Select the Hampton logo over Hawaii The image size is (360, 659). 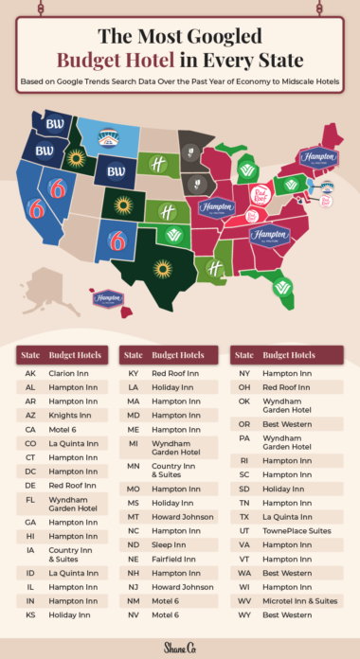[109, 298]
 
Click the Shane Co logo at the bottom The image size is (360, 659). [180, 645]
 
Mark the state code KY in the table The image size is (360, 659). [134, 373]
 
